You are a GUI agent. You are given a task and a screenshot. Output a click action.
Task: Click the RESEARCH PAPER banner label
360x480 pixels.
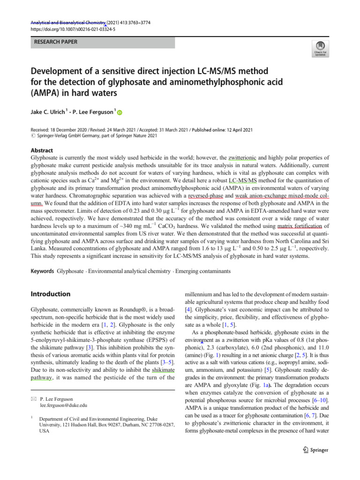55,42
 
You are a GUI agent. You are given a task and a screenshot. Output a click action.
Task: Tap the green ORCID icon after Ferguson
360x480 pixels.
119,112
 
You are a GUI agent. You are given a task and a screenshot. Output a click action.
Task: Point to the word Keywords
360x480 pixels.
42,271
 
